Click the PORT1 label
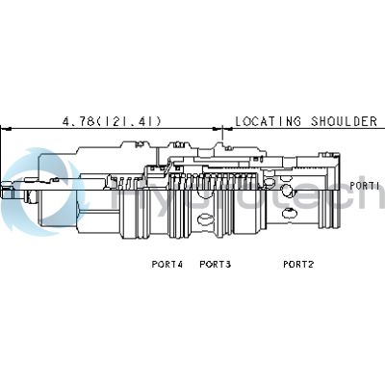tap(364, 186)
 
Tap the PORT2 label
tap(298, 265)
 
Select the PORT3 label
tap(216, 265)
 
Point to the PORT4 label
tap(167, 265)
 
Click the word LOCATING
tap(269, 121)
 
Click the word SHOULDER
tap(344, 121)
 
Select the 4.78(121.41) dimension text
tap(112, 121)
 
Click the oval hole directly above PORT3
tap(205, 219)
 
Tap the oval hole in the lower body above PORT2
tap(289, 213)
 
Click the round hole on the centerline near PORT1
tap(287, 190)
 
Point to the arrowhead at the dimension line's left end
tap(7, 129)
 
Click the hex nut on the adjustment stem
tap(31, 195)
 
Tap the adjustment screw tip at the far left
tap(7, 191)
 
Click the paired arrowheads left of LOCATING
tap(222, 129)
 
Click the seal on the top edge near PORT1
tap(335, 157)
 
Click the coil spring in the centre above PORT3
tap(214, 181)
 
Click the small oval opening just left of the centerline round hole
tap(269, 183)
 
